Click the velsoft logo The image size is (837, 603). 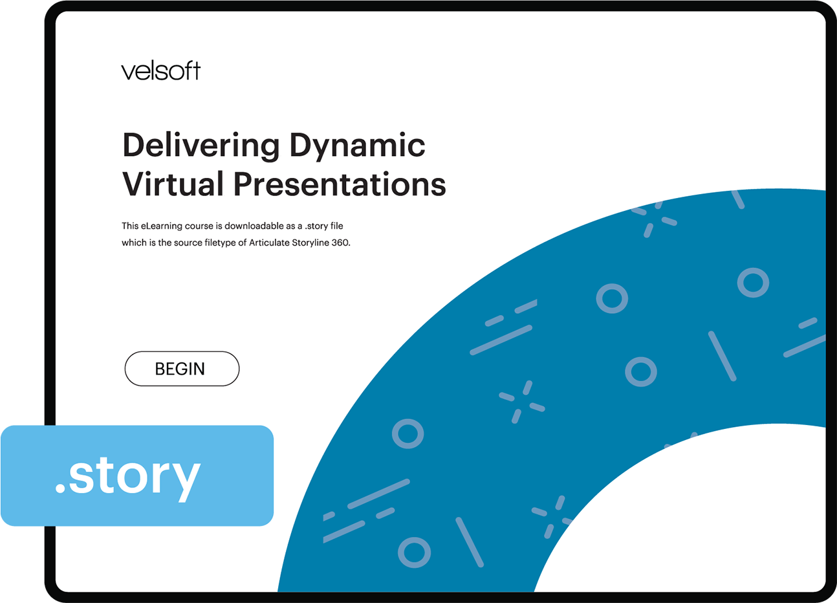[160, 71]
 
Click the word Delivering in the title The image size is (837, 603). [201, 146]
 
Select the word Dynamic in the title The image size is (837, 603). [357, 146]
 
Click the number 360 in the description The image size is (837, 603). [340, 243]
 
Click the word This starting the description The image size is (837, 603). [130, 226]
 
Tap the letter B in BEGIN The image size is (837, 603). [160, 369]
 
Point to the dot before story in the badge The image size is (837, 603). [60, 489]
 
